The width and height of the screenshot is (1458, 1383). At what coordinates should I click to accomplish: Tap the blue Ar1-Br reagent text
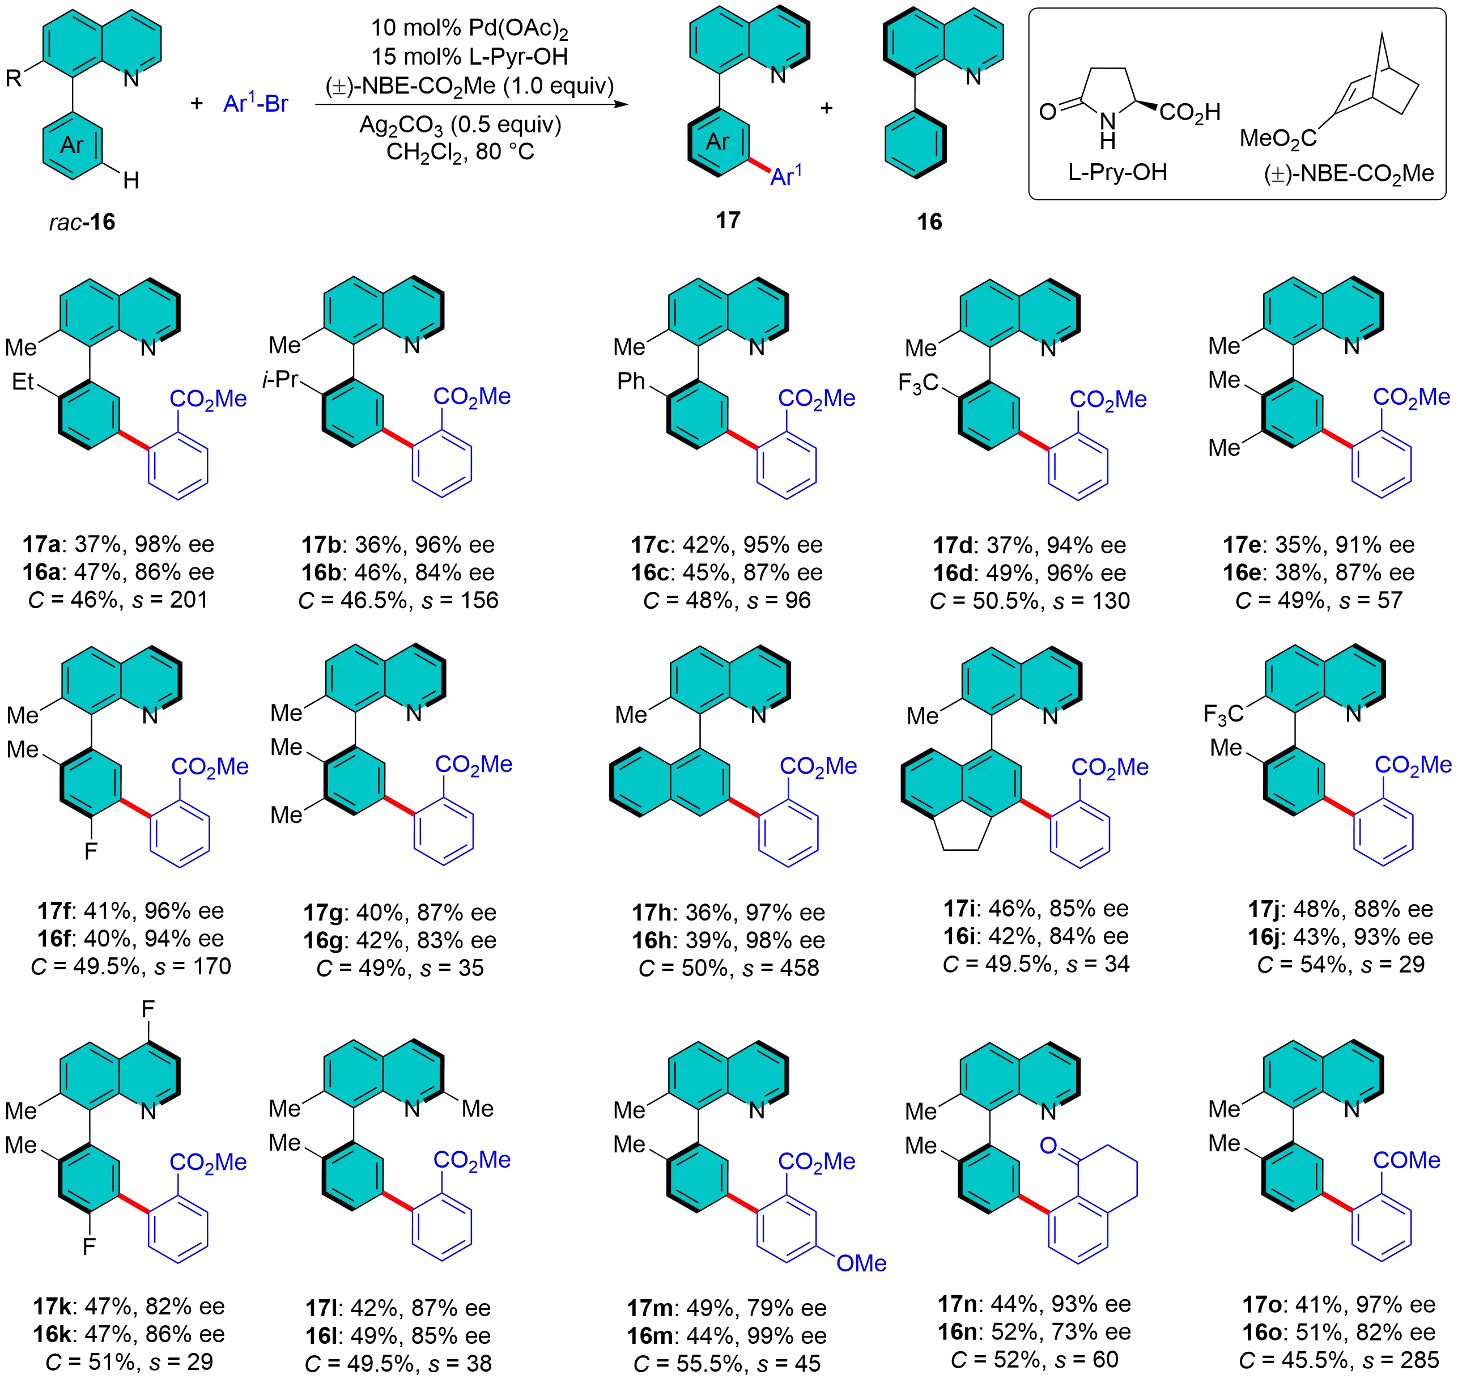tap(255, 104)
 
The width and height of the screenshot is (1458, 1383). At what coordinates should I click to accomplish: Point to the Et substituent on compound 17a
tap(23, 381)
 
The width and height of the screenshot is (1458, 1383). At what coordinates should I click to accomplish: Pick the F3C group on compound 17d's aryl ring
tap(918, 383)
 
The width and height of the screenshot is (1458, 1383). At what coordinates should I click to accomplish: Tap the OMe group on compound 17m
tap(861, 1263)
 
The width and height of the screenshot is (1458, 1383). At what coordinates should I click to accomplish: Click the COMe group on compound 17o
tap(1406, 1160)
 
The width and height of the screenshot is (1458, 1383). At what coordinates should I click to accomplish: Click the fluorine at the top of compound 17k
tap(148, 1008)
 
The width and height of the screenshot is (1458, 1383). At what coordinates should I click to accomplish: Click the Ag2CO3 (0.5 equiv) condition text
tap(461, 125)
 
